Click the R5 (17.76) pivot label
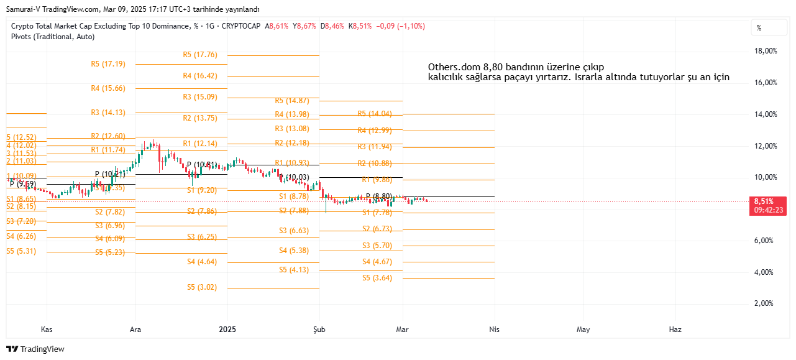200,55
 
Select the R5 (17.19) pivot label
108,63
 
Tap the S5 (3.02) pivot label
202,287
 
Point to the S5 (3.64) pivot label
377,278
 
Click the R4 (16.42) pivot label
200,76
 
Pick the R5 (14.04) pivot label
375,114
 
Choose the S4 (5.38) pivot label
294,251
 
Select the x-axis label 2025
227,329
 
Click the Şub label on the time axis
319,329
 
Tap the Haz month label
674,329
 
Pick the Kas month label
46,329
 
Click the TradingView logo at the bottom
35,349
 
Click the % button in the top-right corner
759,27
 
